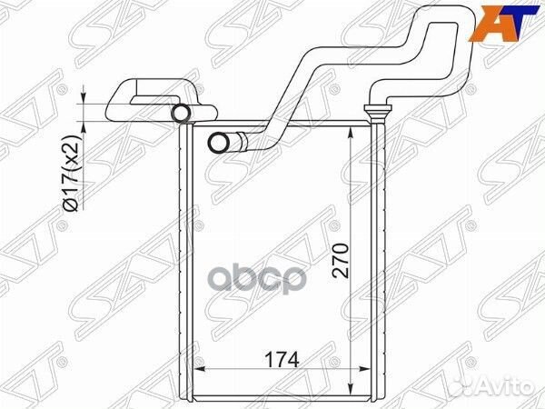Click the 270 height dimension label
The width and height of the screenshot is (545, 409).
(x=341, y=261)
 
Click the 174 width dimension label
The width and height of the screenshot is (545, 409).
(x=282, y=360)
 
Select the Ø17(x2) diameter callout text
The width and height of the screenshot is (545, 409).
(x=72, y=173)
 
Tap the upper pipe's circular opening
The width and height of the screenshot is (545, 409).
(x=182, y=113)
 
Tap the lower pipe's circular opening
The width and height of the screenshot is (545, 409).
(x=218, y=143)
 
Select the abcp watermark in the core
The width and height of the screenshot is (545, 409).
(x=259, y=278)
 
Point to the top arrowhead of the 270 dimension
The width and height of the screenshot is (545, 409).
(x=351, y=132)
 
